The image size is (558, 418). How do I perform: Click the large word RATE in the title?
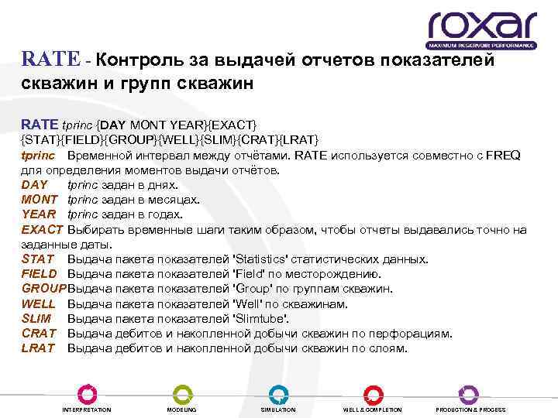[x=50, y=60]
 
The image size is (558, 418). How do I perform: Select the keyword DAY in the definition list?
[x=34, y=185]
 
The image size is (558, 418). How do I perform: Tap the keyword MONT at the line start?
[x=39, y=200]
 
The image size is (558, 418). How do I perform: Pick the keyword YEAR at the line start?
[x=38, y=214]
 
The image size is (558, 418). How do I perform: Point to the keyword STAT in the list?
[x=37, y=259]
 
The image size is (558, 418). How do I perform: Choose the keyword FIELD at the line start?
[x=39, y=274]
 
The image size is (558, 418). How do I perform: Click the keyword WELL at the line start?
[x=38, y=304]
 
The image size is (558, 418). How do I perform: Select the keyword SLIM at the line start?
[x=36, y=319]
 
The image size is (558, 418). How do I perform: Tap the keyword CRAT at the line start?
[x=38, y=334]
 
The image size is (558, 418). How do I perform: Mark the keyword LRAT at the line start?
[x=38, y=348]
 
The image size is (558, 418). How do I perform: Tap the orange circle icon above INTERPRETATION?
[x=87, y=393]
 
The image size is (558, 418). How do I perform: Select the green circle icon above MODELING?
[x=182, y=393]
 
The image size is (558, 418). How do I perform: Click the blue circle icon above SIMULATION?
[x=278, y=393]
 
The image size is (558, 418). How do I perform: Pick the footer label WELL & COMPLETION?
[x=372, y=409]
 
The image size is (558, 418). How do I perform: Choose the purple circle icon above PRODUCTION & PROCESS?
[x=470, y=393]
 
